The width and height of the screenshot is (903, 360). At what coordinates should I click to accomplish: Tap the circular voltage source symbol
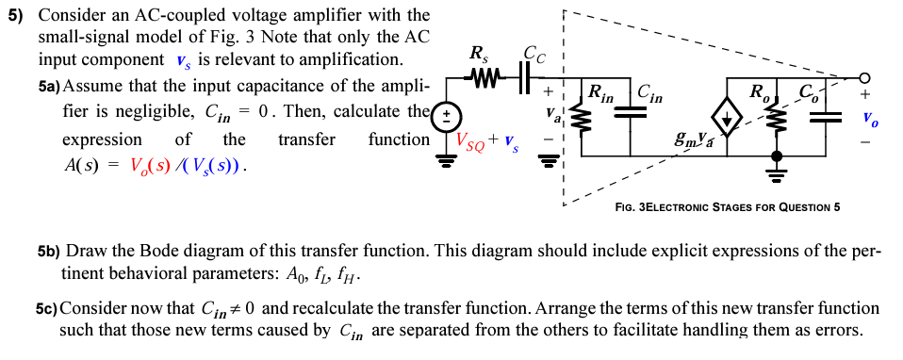(x=446, y=117)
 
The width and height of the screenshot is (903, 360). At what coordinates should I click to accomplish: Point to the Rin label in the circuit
(x=599, y=93)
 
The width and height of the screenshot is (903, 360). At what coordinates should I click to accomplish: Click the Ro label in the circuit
(x=758, y=93)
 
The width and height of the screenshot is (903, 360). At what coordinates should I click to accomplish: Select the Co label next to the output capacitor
(x=808, y=92)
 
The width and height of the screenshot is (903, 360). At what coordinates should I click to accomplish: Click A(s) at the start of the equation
(x=82, y=166)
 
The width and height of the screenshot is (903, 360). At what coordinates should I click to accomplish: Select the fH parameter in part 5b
(x=348, y=277)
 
